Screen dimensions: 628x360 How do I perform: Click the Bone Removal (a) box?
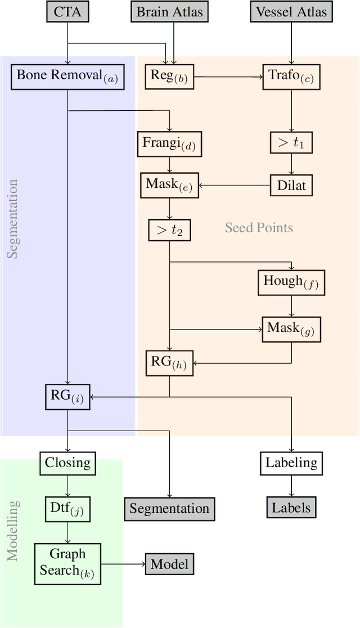coord(67,76)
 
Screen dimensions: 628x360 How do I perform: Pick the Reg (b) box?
coord(169,76)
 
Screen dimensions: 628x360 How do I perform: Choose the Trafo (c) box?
coord(291,76)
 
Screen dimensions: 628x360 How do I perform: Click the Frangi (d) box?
coord(169,144)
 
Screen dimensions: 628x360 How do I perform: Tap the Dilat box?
coord(291,184)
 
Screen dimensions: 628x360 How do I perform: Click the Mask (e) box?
coord(169,184)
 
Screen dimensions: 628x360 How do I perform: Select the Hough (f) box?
coord(291,282)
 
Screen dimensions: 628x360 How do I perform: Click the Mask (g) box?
coord(291,329)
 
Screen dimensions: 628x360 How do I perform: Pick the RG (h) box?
coord(169,363)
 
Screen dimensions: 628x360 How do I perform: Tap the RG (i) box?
coord(67,396)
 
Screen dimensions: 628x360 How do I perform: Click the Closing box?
coord(67,463)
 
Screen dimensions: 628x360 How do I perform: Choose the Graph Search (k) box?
coord(67,562)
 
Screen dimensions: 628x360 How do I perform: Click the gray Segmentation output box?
coord(169,508)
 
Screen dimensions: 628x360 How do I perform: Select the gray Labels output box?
coord(291,508)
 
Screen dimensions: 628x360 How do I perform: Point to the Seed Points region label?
coord(259,228)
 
